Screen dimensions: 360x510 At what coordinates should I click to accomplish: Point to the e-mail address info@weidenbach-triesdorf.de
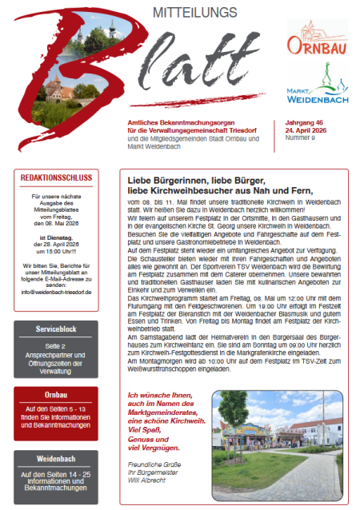pyautogui.click(x=57, y=293)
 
